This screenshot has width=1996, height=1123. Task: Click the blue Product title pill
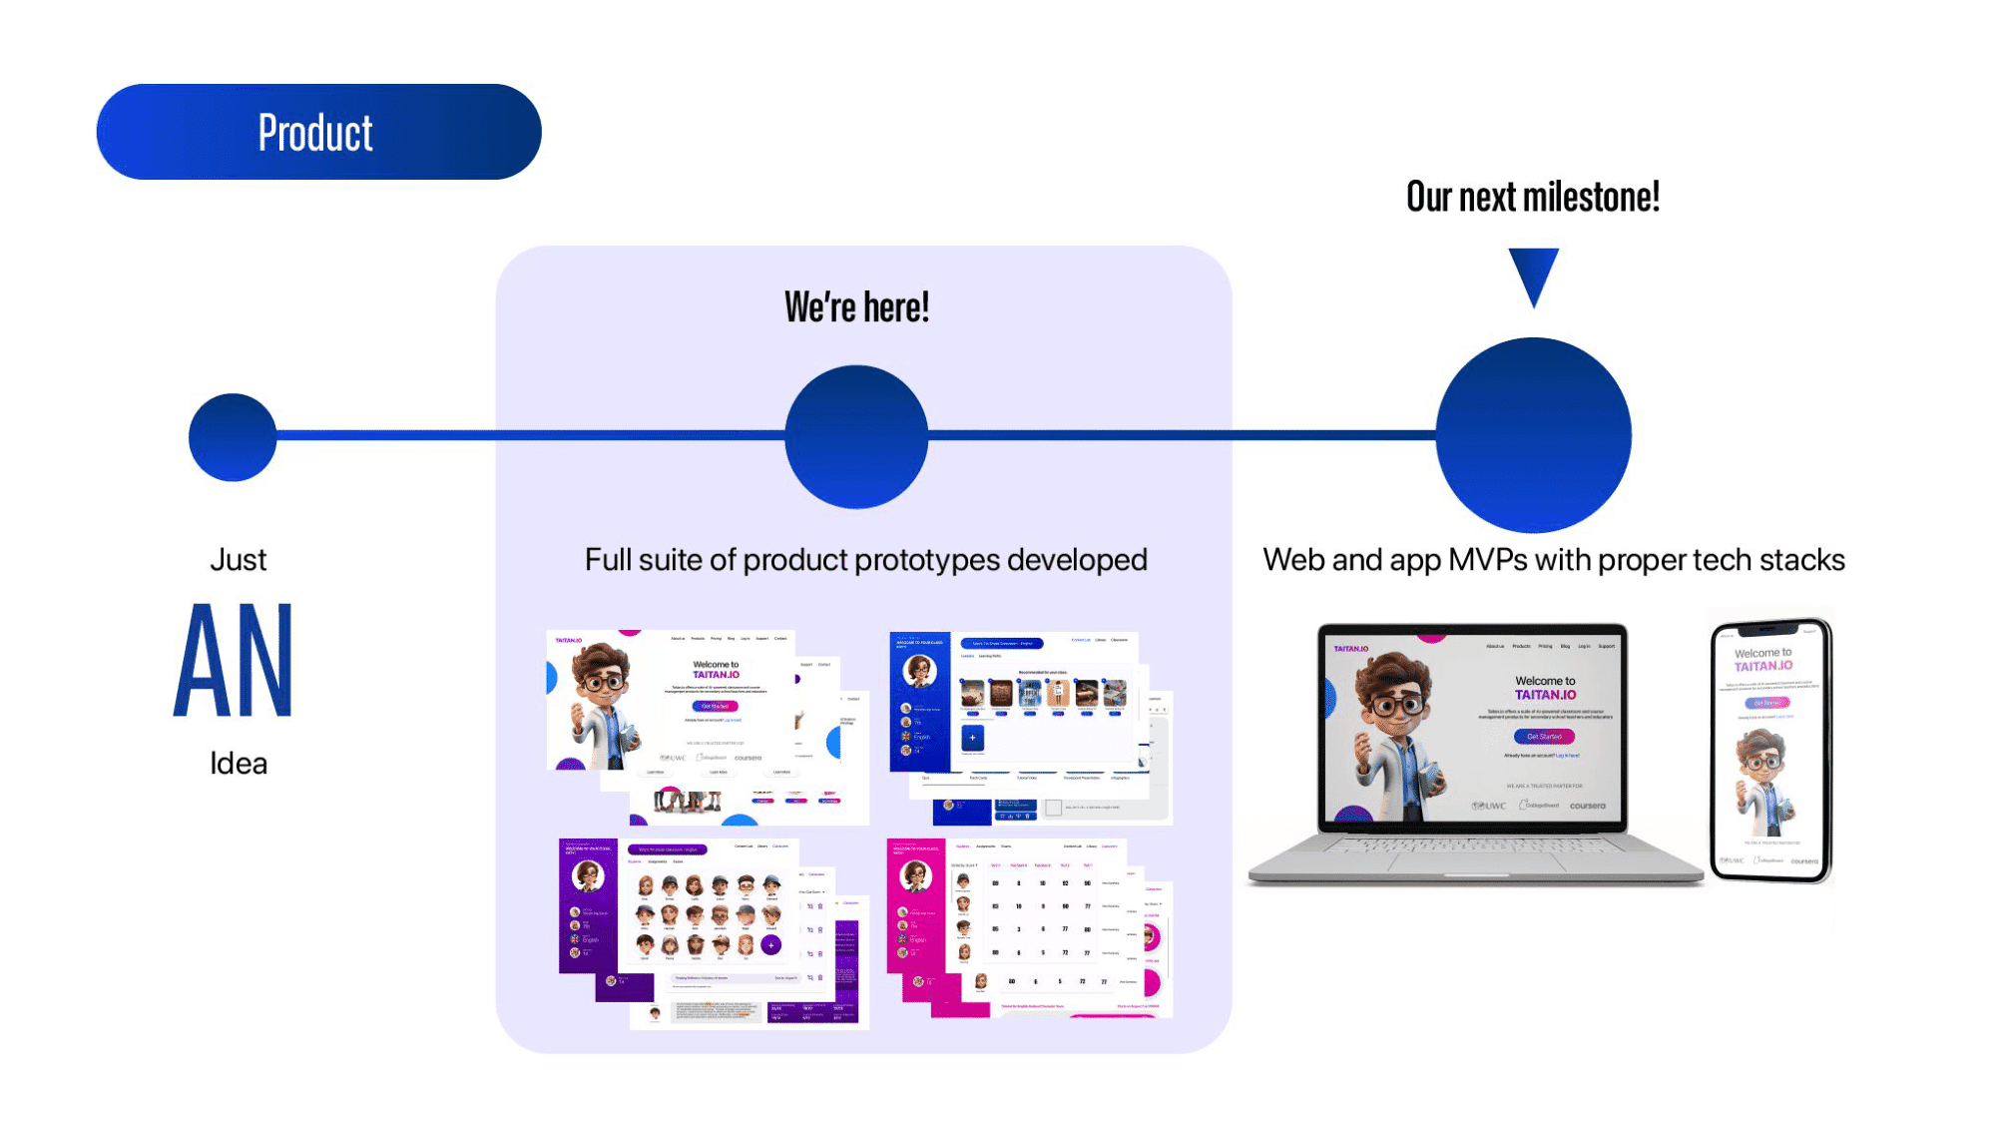[x=318, y=132]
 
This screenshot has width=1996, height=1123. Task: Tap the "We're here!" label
[x=856, y=307]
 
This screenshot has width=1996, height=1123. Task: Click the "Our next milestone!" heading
[x=1533, y=197]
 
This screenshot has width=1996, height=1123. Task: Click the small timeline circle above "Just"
[x=233, y=437]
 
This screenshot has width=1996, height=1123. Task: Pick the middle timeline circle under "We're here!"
[x=856, y=436]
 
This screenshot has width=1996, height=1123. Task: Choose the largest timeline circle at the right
[x=1533, y=435]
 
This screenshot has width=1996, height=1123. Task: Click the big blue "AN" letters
[x=235, y=660]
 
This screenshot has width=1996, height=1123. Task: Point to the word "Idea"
[x=239, y=764]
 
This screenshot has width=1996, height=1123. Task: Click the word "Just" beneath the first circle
[x=239, y=560]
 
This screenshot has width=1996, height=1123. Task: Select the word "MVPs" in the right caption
[x=1487, y=560]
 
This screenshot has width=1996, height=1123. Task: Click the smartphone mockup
[x=1771, y=751]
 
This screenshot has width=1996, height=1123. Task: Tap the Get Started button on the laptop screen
[x=1544, y=737]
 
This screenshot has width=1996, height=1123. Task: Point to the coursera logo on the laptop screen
[x=1587, y=806]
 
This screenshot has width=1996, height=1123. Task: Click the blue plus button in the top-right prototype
[x=972, y=738]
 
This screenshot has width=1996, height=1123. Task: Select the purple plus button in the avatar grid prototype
[x=770, y=944]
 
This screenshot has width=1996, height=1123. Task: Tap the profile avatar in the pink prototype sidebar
[x=915, y=875]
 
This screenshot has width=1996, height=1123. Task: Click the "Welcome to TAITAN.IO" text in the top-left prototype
[x=716, y=670]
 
